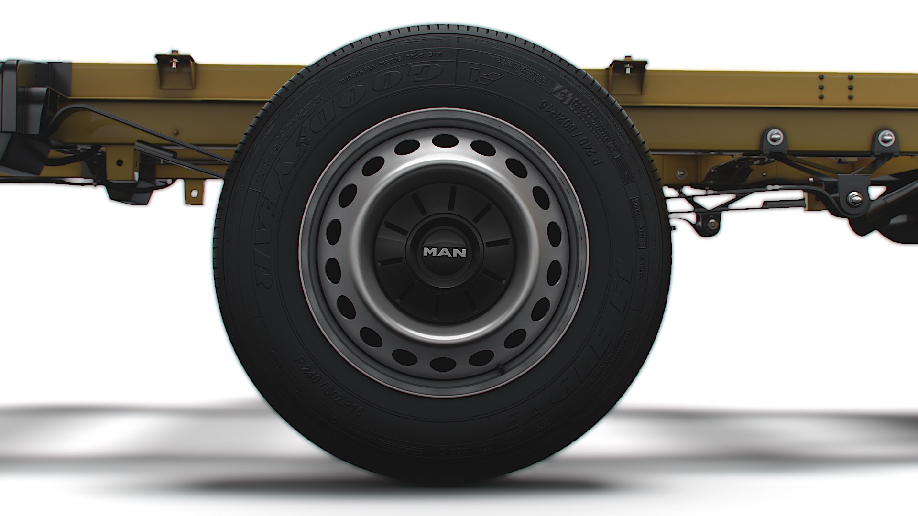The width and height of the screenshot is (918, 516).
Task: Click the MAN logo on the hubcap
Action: (x=444, y=252)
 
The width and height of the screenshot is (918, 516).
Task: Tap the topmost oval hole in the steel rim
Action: (x=444, y=140)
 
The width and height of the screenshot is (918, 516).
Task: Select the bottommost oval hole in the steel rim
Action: (x=443, y=364)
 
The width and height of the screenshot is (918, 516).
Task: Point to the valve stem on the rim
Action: (x=501, y=368)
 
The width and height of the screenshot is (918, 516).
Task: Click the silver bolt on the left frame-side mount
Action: (x=774, y=137)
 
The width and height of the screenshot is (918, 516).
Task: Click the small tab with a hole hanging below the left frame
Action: (x=193, y=191)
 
